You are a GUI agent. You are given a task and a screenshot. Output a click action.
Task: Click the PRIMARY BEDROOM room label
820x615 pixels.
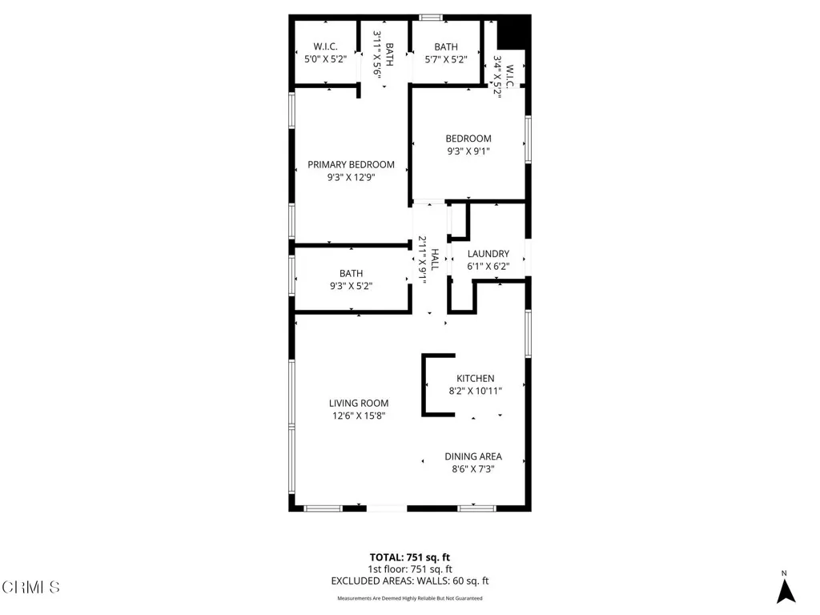click(351, 164)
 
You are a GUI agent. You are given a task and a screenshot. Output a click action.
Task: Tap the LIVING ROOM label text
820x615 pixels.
click(358, 403)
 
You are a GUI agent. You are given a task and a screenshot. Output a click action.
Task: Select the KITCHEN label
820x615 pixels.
click(475, 378)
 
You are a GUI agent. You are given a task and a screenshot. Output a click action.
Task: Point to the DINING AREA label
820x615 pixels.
click(473, 456)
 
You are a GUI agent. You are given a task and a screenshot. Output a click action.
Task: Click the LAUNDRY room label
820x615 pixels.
click(488, 254)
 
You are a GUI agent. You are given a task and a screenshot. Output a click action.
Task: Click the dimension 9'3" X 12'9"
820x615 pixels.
click(351, 179)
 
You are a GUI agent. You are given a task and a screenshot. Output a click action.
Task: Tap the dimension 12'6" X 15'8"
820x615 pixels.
click(358, 416)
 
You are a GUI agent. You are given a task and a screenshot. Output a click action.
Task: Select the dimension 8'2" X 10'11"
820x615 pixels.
click(475, 391)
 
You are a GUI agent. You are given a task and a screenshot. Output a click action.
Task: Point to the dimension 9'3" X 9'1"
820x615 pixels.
click(468, 151)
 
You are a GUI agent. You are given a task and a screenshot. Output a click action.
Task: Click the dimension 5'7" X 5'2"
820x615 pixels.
click(446, 59)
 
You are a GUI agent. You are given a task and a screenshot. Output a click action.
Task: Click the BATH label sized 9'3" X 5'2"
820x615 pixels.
click(351, 273)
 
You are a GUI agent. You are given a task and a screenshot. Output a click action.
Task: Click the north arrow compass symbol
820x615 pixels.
click(786, 589)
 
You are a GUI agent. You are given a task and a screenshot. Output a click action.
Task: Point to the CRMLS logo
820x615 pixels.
click(30, 589)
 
